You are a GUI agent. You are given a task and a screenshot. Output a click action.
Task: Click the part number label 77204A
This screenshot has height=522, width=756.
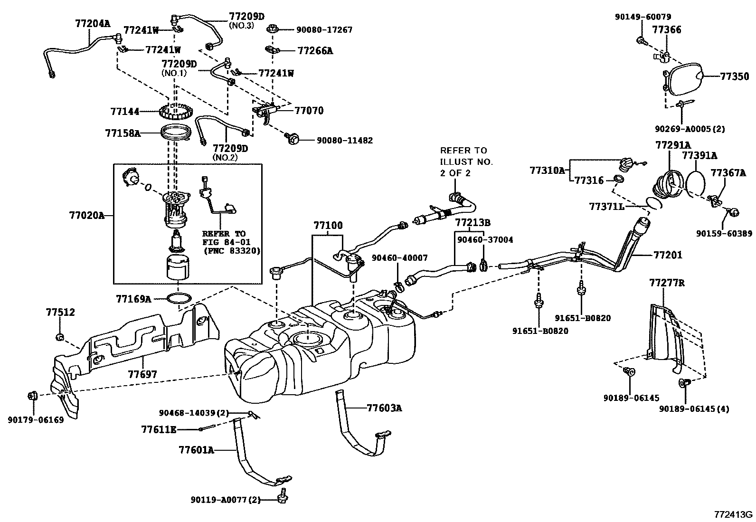[x=93, y=24]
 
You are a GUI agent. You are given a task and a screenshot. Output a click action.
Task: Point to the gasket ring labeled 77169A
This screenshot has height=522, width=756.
[x=179, y=298]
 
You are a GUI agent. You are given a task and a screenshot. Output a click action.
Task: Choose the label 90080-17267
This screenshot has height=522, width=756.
[x=324, y=30]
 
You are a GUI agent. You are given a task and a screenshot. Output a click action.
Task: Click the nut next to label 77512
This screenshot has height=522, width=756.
[x=60, y=337]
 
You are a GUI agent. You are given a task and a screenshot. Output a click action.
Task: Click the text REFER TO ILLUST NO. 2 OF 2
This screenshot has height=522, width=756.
[x=466, y=162]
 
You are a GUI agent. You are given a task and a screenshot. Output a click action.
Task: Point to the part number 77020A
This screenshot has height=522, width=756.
[x=87, y=215]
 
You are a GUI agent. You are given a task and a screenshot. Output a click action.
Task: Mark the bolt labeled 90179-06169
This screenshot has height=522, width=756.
[x=33, y=395]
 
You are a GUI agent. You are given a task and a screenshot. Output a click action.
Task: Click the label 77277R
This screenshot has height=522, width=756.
[x=667, y=283]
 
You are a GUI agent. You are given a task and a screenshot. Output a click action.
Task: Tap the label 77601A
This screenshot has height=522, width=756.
[x=197, y=450]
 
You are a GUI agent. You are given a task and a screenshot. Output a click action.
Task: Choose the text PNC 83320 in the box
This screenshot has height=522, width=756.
[x=232, y=251]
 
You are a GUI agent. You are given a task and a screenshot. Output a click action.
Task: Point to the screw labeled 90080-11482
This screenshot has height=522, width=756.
[x=292, y=138]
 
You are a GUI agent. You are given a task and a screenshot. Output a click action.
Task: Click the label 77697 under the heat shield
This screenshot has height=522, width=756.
[x=142, y=374]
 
